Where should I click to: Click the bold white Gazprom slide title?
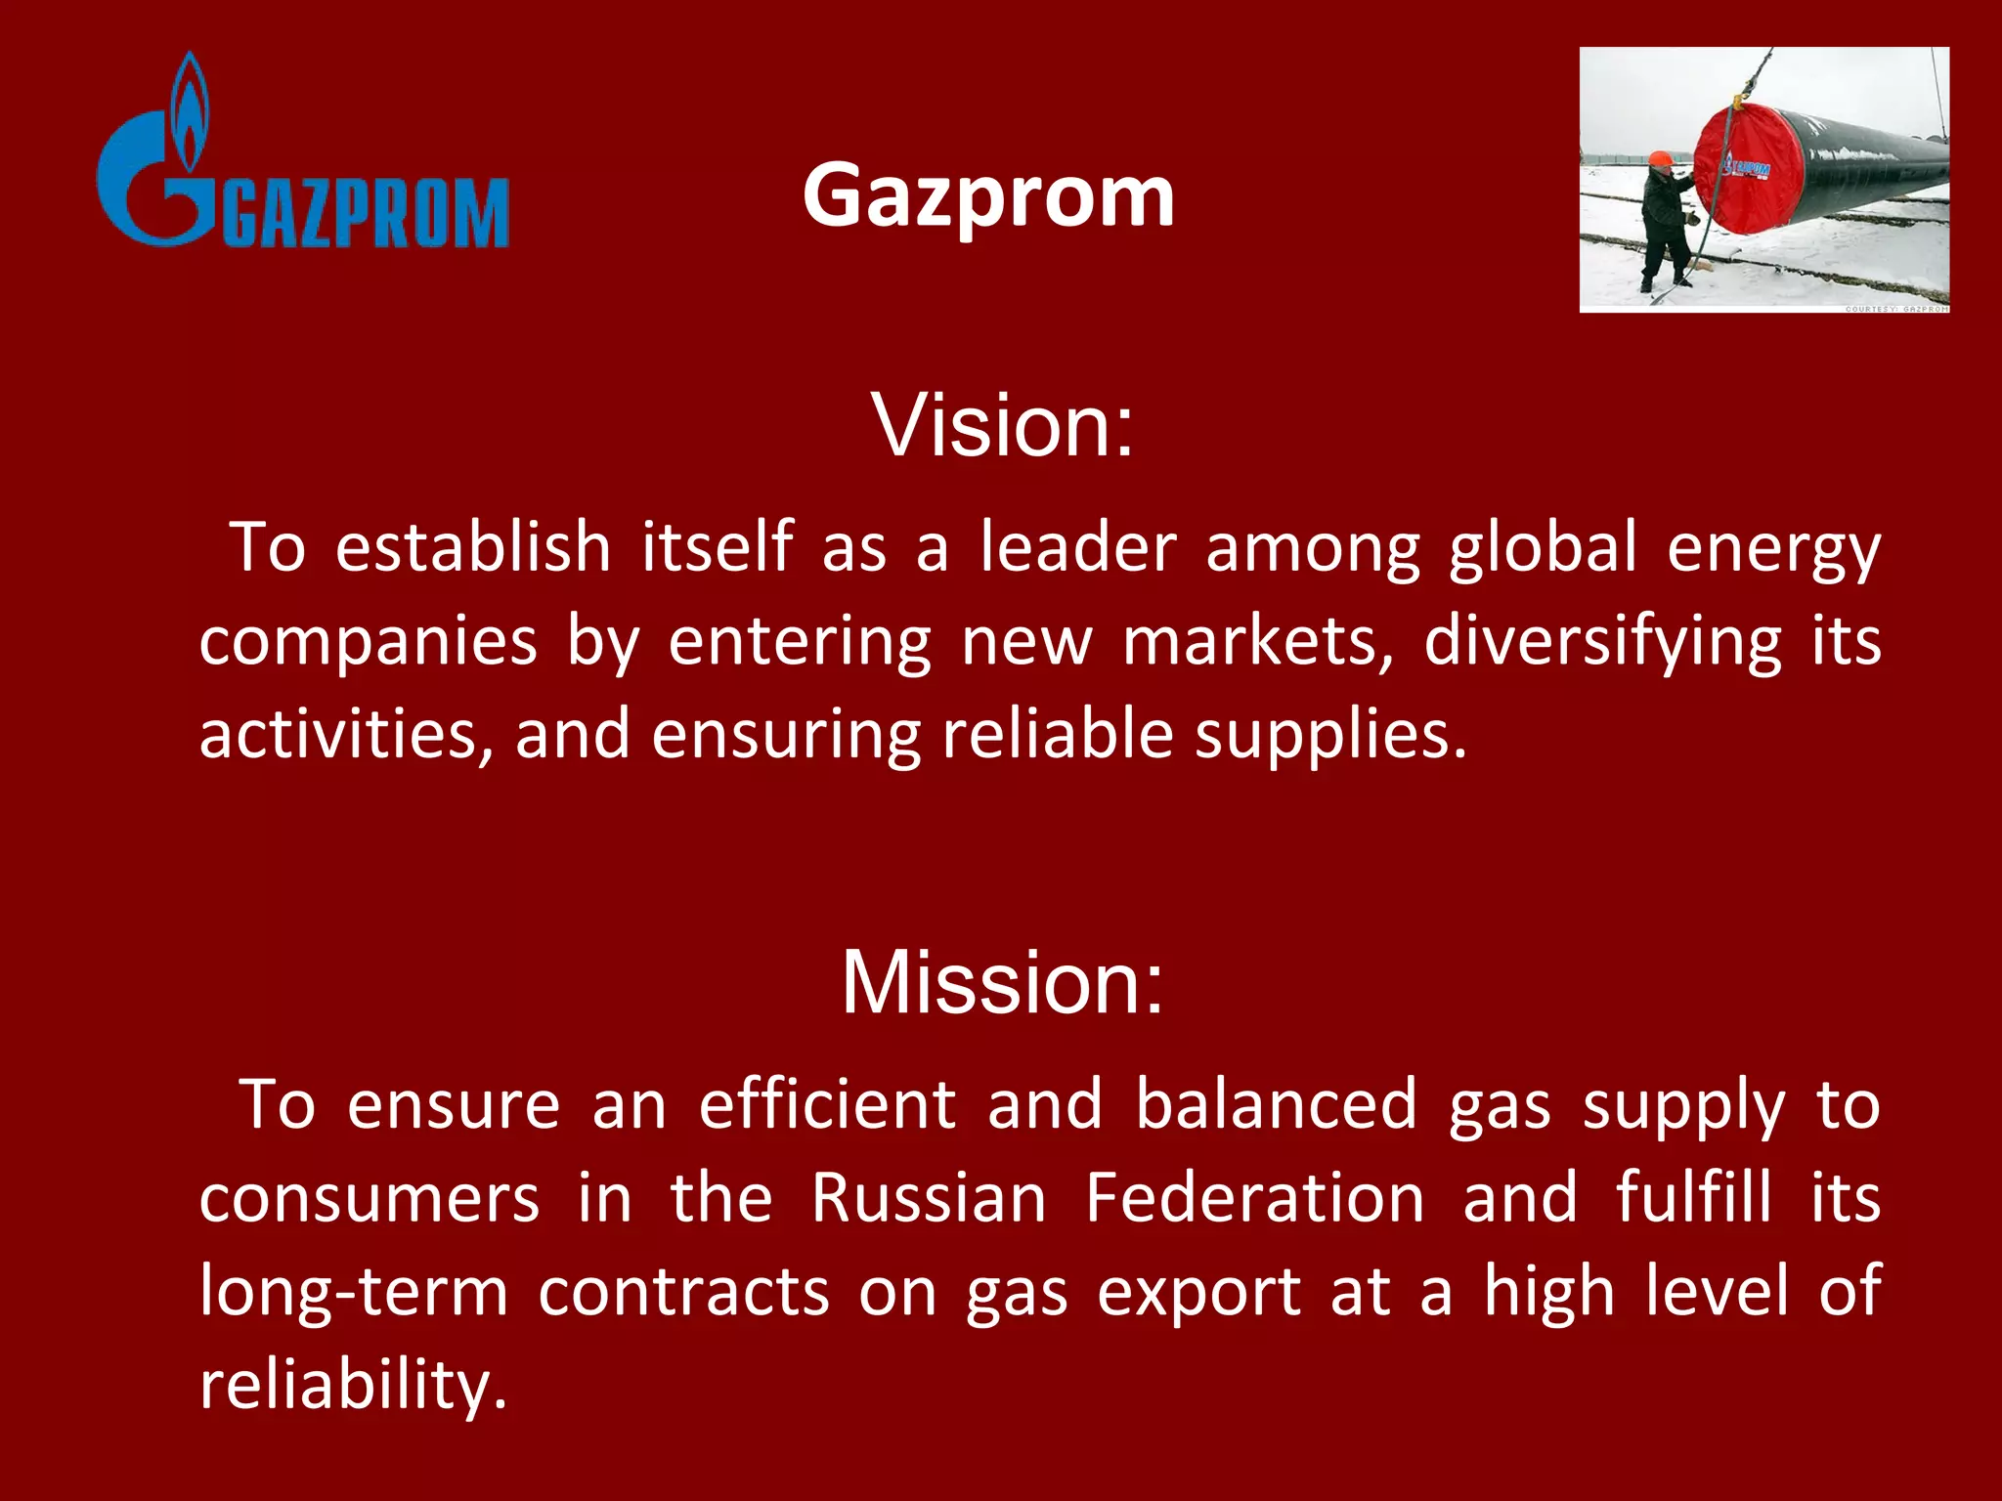pyautogui.click(x=988, y=195)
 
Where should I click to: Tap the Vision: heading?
pyautogui.click(x=1002, y=425)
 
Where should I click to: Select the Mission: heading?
pyautogui.click(x=1002, y=982)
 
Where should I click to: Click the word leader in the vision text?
pyautogui.click(x=1078, y=547)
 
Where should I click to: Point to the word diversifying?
pyautogui.click(x=1602, y=642)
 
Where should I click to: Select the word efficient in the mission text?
pyautogui.click(x=827, y=1105)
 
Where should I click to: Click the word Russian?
pyautogui.click(x=929, y=1198)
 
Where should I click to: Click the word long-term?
pyautogui.click(x=354, y=1292)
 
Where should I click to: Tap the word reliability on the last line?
pyautogui.click(x=352, y=1386)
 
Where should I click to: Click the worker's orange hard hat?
pyautogui.click(x=1660, y=159)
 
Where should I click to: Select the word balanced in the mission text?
pyautogui.click(x=1275, y=1105)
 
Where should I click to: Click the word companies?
pyautogui.click(x=369, y=643)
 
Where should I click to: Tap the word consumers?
pyautogui.click(x=370, y=1199)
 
